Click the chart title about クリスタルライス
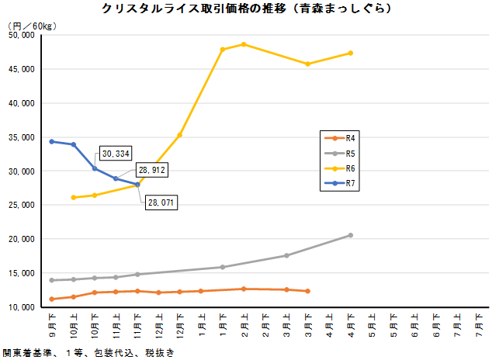pyautogui.click(x=246, y=9)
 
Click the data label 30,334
pyautogui.click(x=116, y=154)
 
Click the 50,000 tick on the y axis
pyautogui.click(x=21, y=35)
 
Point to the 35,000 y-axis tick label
pyautogui.click(x=21, y=137)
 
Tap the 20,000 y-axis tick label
pyautogui.click(x=21, y=239)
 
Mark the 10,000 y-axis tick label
pyautogui.click(x=21, y=307)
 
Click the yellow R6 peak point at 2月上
pyautogui.click(x=244, y=44)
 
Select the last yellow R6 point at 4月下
pyautogui.click(x=351, y=53)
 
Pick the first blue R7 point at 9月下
pyautogui.click(x=52, y=141)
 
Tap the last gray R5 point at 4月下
pyautogui.click(x=351, y=235)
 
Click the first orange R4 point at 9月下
pyautogui.click(x=52, y=299)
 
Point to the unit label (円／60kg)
pyautogui.click(x=32, y=25)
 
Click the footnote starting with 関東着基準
pyautogui.click(x=87, y=352)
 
